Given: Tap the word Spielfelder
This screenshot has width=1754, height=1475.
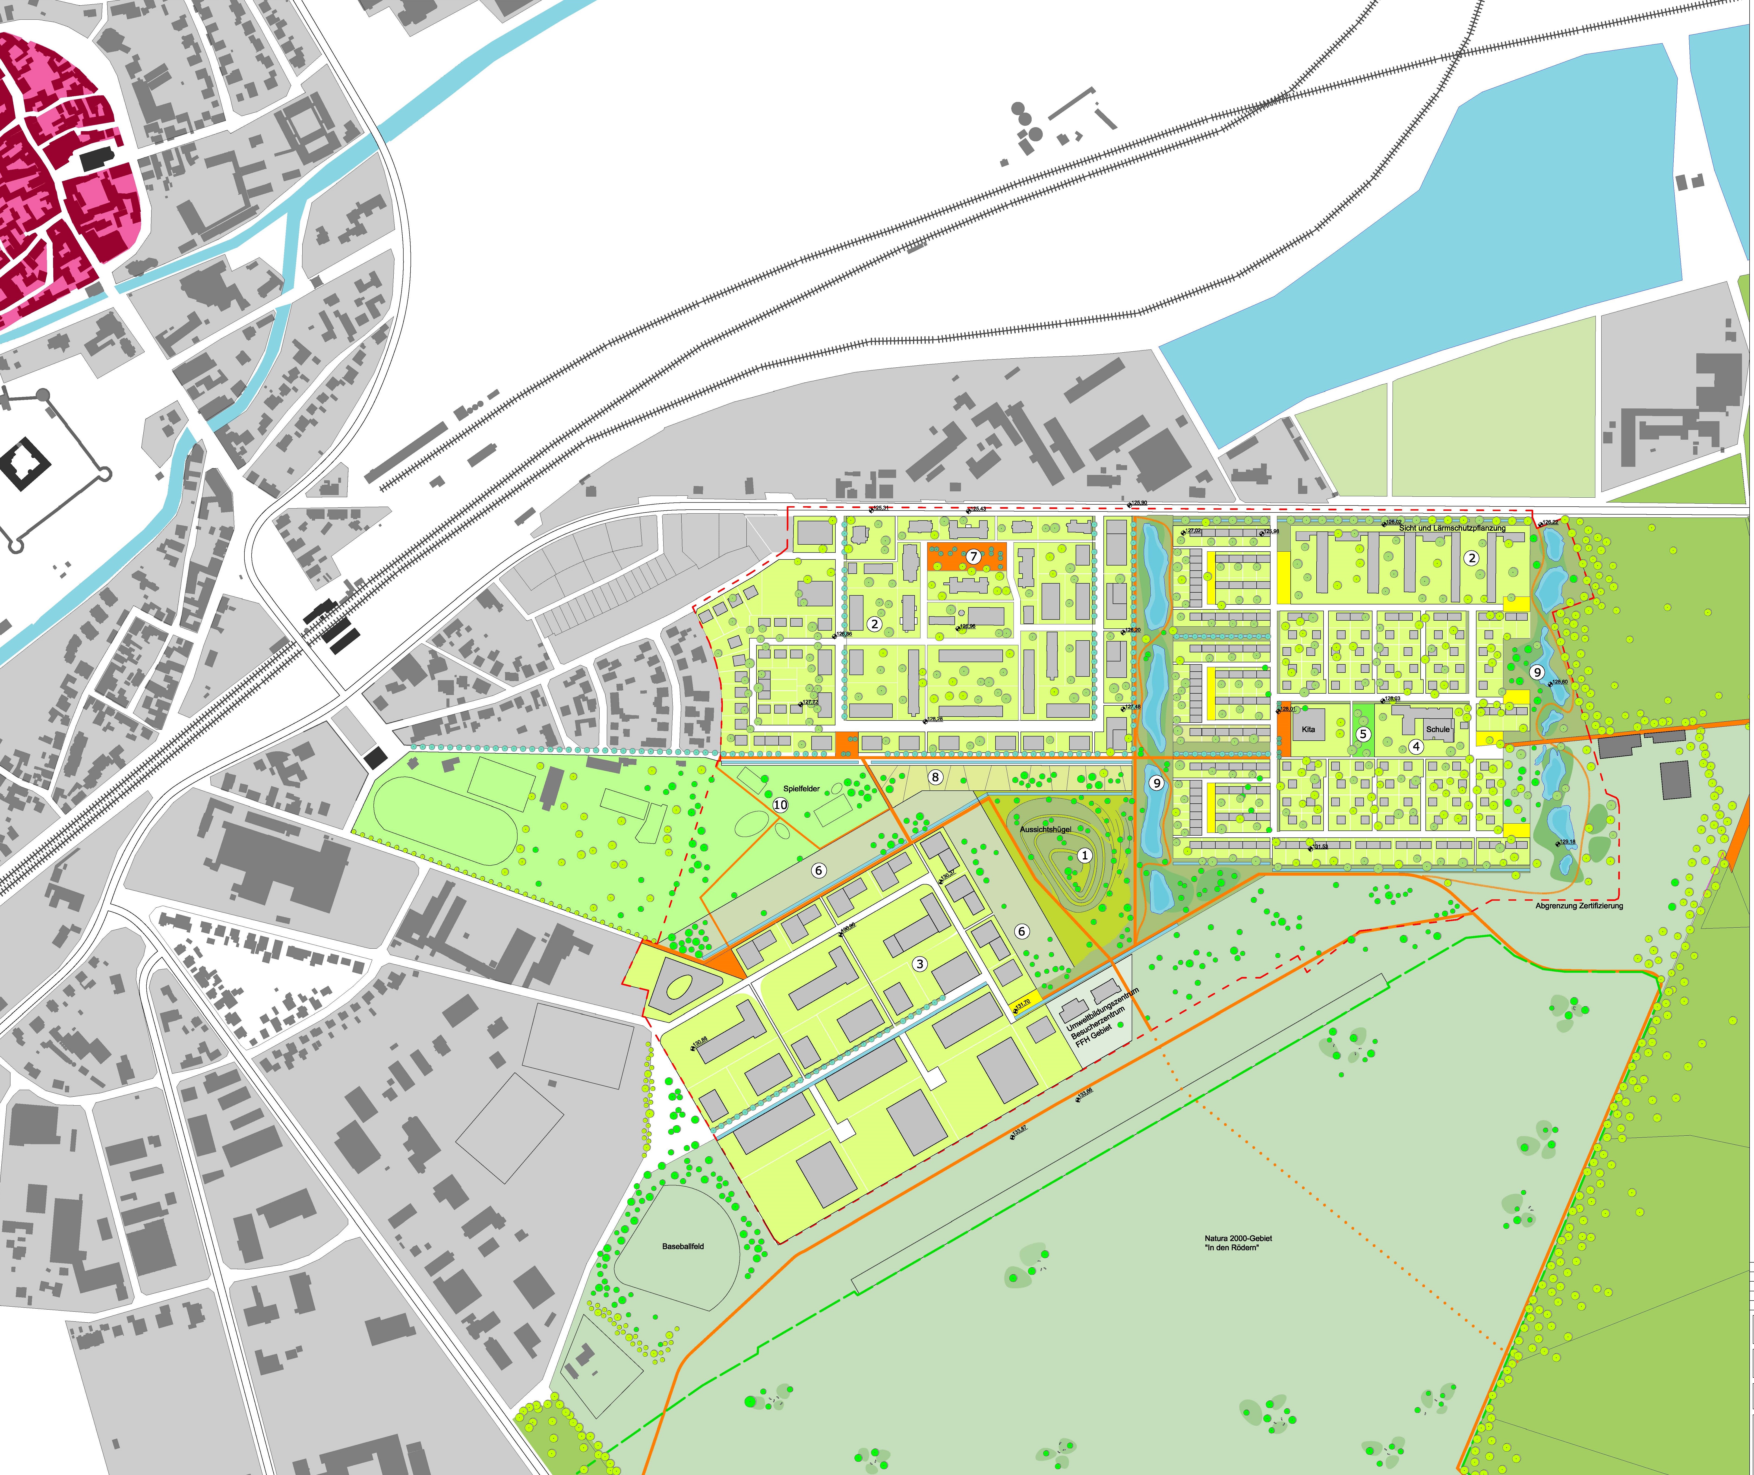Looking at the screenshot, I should tap(801, 789).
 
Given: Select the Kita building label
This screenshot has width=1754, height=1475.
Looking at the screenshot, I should tap(1308, 729).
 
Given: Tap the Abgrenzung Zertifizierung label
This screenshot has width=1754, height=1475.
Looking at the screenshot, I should tap(1579, 906).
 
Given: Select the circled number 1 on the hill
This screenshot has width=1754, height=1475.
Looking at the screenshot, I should tap(1084, 855).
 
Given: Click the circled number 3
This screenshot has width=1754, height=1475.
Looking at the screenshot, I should tap(920, 964).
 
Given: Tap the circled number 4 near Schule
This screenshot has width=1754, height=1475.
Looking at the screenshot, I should tap(1415, 747).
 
